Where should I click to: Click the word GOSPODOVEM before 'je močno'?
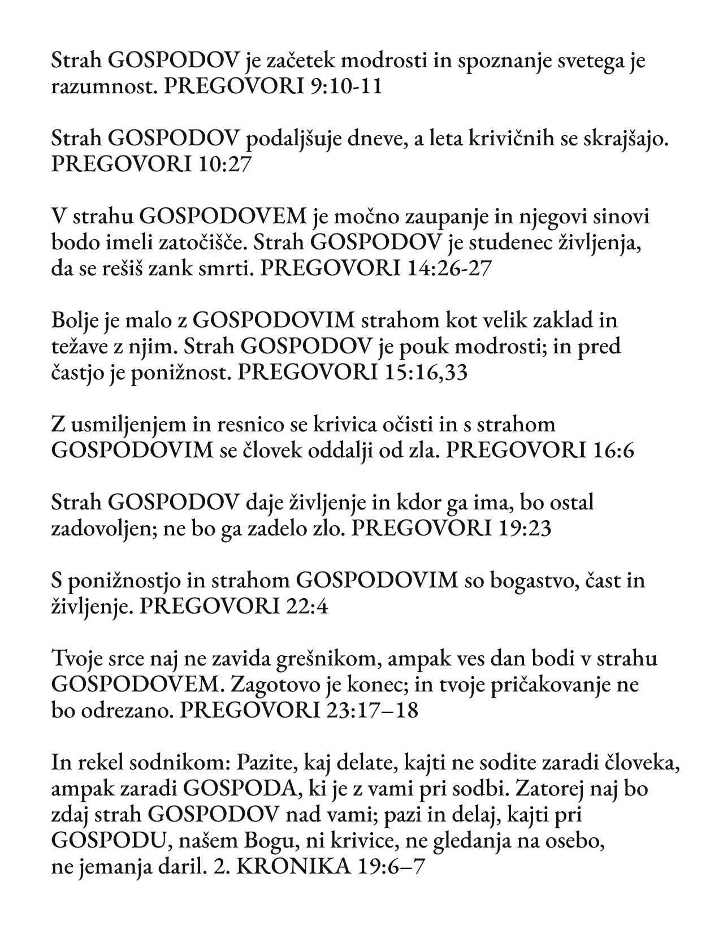click(x=223, y=217)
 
